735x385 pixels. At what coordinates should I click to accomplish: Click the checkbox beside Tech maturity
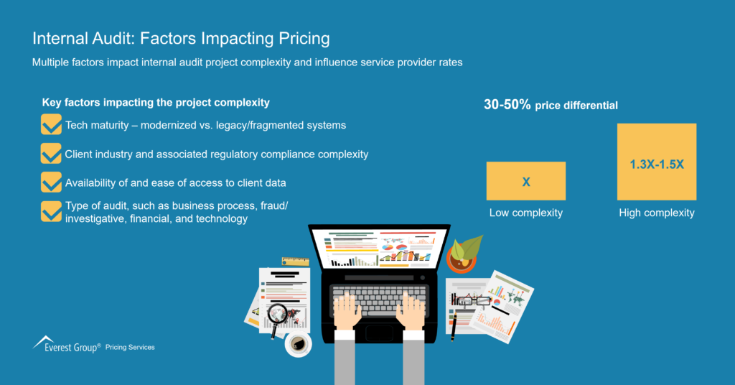[51, 126]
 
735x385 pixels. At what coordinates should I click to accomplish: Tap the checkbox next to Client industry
[51, 154]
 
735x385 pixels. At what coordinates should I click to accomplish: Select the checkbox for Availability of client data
[51, 182]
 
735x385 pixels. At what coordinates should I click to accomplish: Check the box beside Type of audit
[51, 211]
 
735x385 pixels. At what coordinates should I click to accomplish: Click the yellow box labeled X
[525, 181]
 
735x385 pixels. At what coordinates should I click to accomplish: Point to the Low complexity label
[525, 213]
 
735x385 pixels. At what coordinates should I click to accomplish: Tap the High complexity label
[657, 213]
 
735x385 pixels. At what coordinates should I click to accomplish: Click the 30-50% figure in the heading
[507, 105]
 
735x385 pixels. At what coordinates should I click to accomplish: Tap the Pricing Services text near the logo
[130, 348]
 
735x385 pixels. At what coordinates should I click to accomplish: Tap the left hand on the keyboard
[348, 312]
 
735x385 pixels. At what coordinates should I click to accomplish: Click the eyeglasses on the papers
[474, 300]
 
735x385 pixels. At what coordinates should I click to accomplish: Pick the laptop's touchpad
[379, 333]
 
